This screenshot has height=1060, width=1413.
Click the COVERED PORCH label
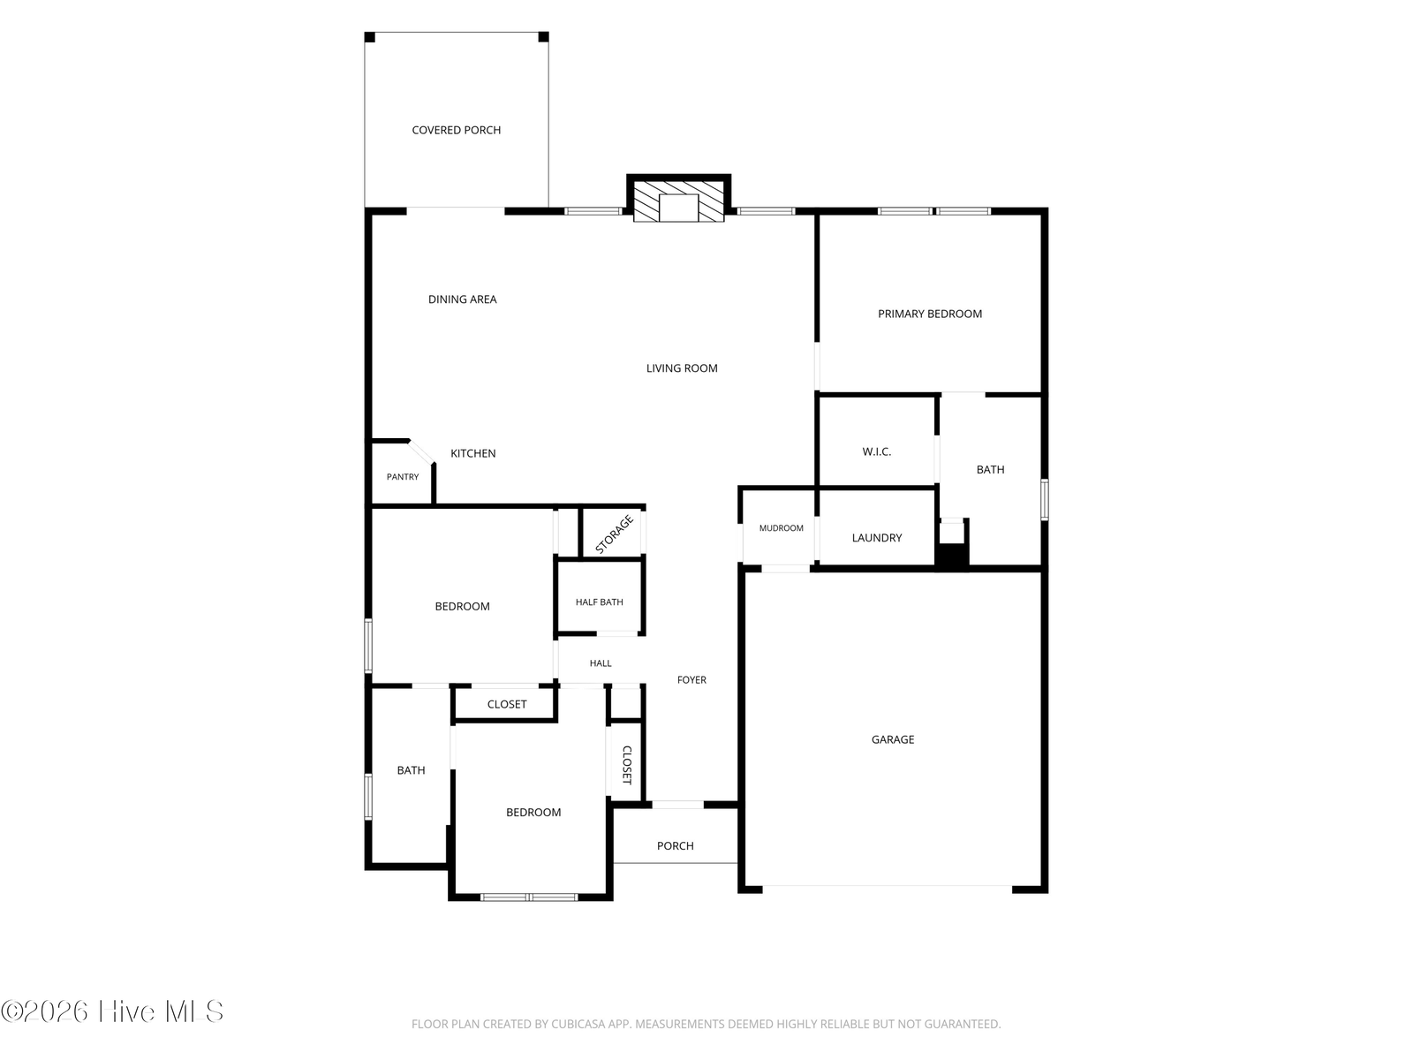coord(456,130)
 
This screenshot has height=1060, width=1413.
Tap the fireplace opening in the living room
coord(678,208)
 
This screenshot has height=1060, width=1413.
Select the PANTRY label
coord(403,477)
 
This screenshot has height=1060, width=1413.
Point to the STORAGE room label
coord(614,534)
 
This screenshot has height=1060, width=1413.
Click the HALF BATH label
coord(600,602)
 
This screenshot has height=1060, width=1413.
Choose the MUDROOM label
coord(781,528)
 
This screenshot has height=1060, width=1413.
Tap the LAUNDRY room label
coord(877,538)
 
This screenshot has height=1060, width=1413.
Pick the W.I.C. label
coord(877,451)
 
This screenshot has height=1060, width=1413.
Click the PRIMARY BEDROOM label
coord(930,314)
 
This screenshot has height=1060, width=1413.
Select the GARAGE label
coord(892,740)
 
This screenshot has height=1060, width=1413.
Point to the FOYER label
coord(691,679)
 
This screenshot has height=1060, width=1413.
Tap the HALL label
coord(601,662)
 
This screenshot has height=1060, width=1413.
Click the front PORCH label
coord(676,846)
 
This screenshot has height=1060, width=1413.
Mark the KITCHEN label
coord(473,454)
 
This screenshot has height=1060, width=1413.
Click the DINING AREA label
coord(462,299)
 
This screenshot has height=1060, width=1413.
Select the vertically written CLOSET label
coord(626,765)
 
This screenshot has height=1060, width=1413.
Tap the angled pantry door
coord(421,451)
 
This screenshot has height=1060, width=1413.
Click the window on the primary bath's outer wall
coord(1044,499)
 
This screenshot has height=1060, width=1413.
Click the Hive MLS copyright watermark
coord(112,1011)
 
